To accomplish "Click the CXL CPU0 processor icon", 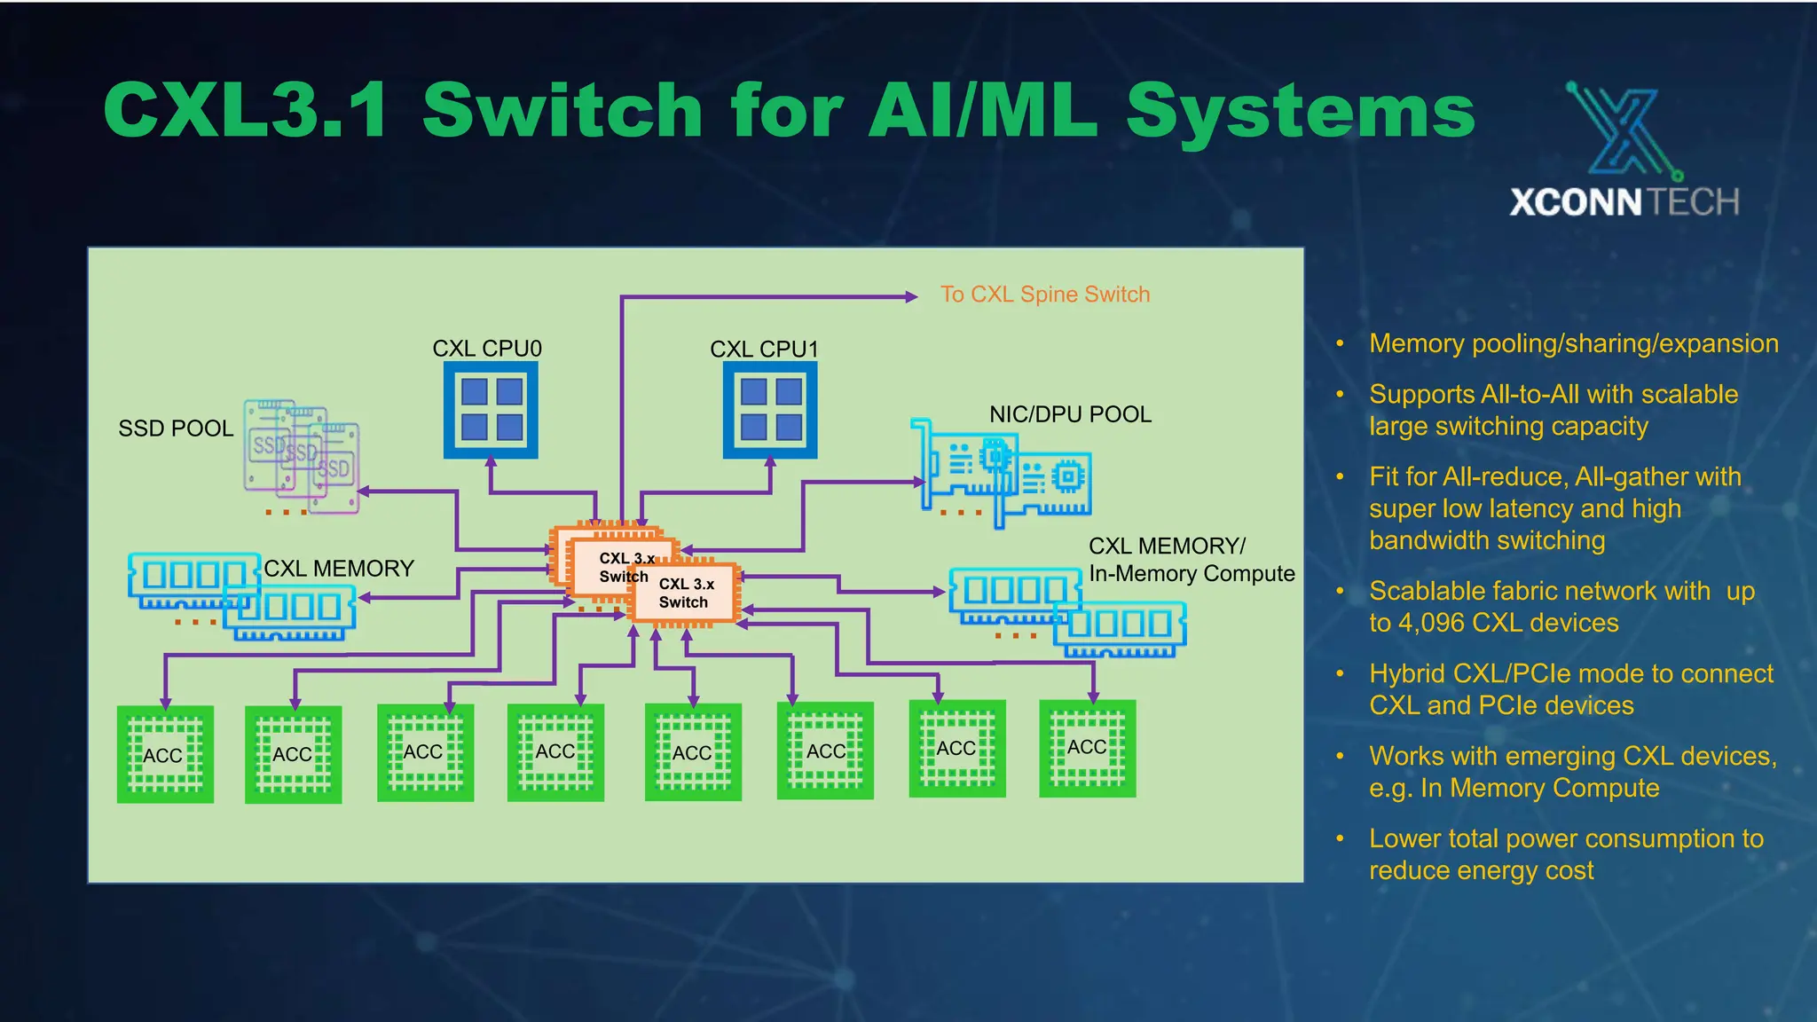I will click(x=491, y=410).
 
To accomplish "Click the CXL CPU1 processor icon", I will click(x=769, y=410).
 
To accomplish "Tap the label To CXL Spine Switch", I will click(x=1044, y=295).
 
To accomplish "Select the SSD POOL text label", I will click(x=176, y=428).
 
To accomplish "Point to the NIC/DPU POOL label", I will click(x=1070, y=414).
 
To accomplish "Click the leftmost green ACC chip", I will click(x=165, y=754).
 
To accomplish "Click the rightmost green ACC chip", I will click(x=1087, y=748).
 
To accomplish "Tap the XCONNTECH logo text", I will click(x=1624, y=202).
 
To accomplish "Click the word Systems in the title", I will click(x=1300, y=111).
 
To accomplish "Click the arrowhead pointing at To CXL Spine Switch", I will click(x=911, y=296).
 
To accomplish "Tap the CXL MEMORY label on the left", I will click(x=339, y=569).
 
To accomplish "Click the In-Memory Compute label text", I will click(x=1192, y=574).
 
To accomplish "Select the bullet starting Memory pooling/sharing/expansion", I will click(x=1573, y=343).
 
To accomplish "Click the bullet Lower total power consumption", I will click(x=1566, y=853).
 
